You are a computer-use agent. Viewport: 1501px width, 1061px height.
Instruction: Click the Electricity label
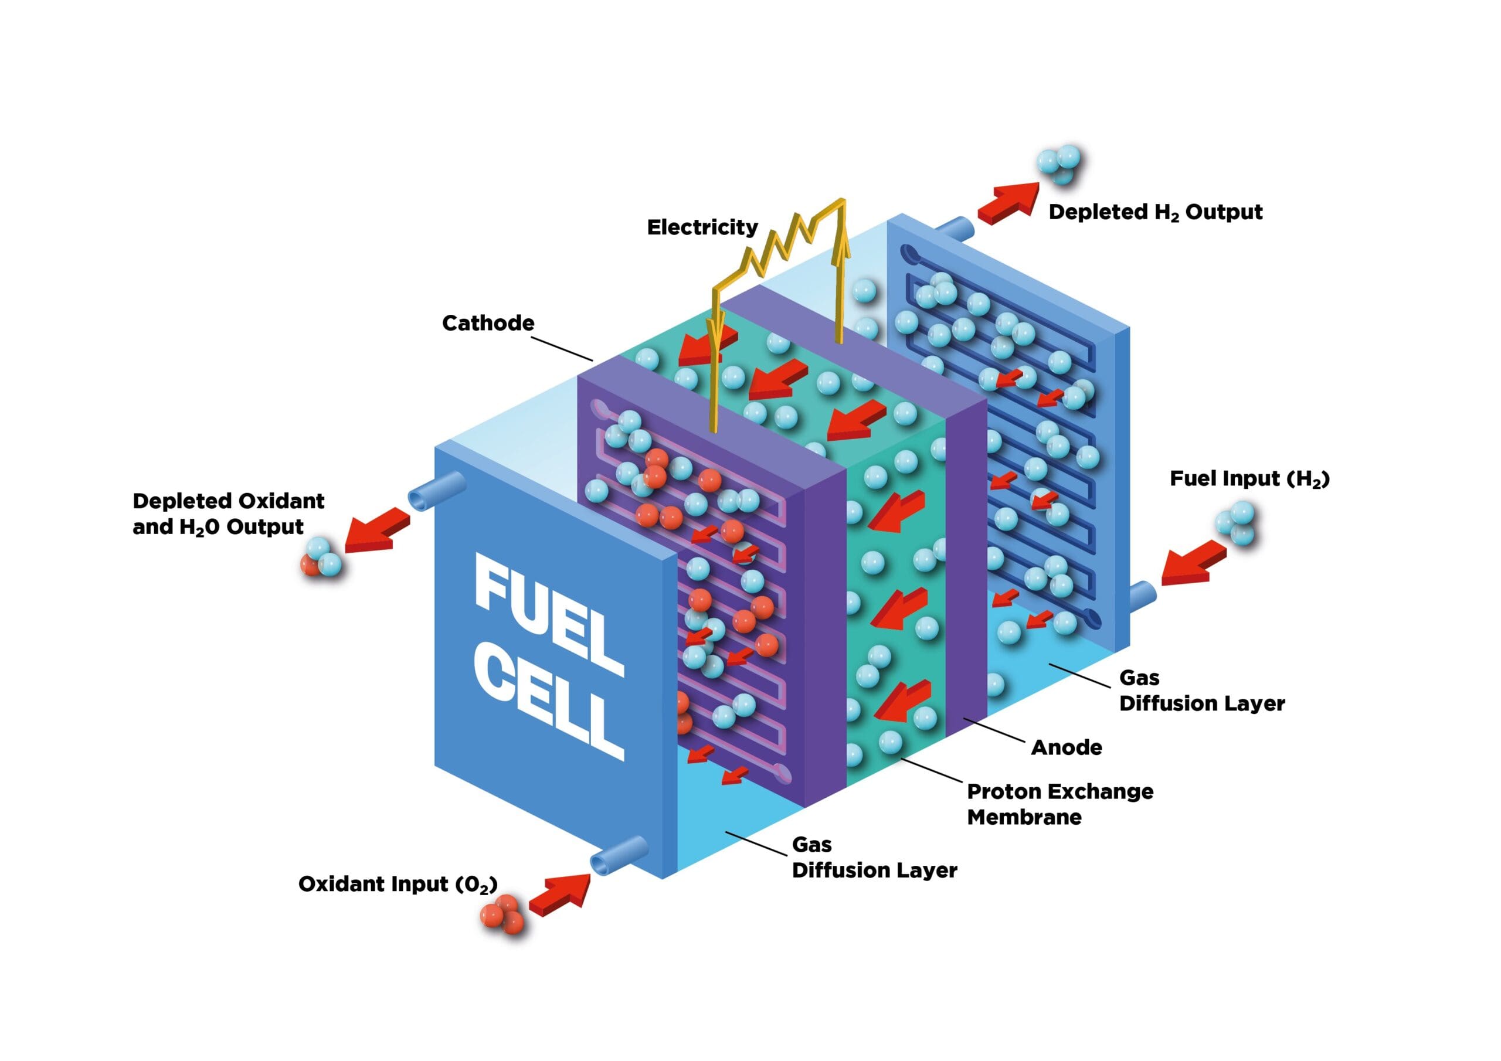pyautogui.click(x=702, y=227)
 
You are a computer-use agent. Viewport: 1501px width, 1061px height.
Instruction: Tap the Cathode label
pyautogui.click(x=488, y=323)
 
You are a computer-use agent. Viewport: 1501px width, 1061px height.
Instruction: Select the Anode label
pyautogui.click(x=1067, y=747)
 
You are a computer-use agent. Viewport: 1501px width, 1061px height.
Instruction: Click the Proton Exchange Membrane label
pyautogui.click(x=1059, y=804)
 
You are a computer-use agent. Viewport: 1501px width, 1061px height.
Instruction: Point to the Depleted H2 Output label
pyautogui.click(x=1155, y=212)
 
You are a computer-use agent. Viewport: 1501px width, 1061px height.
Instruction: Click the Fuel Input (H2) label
pyautogui.click(x=1249, y=478)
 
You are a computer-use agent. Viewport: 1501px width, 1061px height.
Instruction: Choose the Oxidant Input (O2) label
pyautogui.click(x=398, y=885)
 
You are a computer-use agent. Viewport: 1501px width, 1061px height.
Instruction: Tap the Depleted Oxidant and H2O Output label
pyautogui.click(x=227, y=514)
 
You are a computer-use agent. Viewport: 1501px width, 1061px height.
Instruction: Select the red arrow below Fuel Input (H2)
pyautogui.click(x=1192, y=563)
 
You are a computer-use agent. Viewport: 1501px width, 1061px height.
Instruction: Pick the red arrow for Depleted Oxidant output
pyautogui.click(x=376, y=531)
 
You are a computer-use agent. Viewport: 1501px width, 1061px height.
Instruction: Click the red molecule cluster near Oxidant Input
pyautogui.click(x=502, y=914)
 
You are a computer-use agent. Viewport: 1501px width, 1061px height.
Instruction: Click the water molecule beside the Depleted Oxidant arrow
pyautogui.click(x=320, y=557)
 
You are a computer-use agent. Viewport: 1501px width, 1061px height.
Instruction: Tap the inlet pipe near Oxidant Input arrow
pyautogui.click(x=618, y=853)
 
